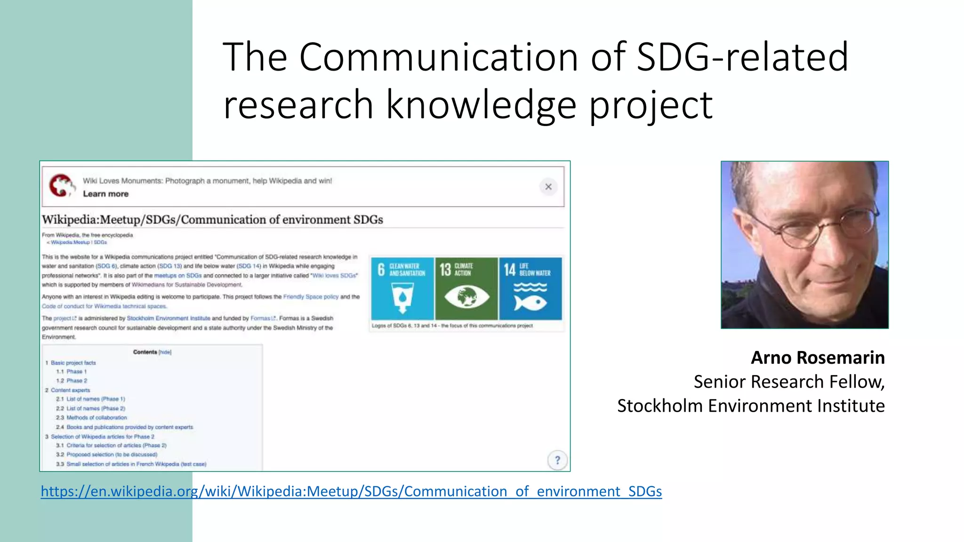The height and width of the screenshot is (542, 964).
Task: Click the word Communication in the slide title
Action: [x=438, y=57]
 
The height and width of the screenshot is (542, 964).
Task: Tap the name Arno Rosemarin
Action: [x=817, y=358]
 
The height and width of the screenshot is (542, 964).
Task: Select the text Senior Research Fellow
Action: [x=788, y=382]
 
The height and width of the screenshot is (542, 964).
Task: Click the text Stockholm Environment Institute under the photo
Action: [x=750, y=406]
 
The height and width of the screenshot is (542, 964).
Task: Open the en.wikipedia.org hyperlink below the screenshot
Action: [x=351, y=491]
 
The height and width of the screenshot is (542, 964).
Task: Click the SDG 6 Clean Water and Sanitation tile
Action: [x=402, y=288]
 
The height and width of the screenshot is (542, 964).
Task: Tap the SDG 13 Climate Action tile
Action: [x=466, y=288]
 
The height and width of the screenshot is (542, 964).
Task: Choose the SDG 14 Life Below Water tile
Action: [x=530, y=288]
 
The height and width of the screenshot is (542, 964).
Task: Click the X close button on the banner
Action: [x=548, y=187]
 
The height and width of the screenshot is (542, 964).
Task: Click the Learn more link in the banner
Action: [x=105, y=194]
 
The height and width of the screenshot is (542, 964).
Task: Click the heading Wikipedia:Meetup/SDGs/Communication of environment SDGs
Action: [x=212, y=220]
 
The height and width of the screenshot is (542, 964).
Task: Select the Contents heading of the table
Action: [x=145, y=352]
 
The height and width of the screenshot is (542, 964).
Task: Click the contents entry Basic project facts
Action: [x=73, y=363]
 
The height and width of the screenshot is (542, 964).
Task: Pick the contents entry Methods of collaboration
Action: [x=96, y=417]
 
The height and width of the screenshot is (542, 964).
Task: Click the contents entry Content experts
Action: [x=70, y=390]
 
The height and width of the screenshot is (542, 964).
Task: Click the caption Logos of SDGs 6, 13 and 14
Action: [x=452, y=326]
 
